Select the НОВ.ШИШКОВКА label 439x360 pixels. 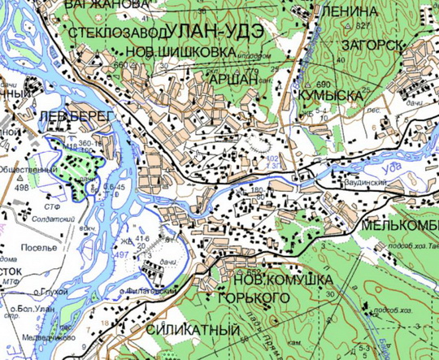(184, 52)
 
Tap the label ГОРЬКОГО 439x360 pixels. (254, 299)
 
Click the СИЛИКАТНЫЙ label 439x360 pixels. (194, 331)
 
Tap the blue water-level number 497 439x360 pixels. (121, 254)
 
